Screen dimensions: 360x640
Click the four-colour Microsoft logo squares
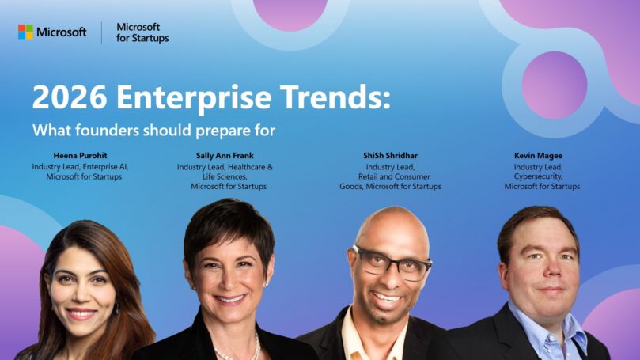click(26, 32)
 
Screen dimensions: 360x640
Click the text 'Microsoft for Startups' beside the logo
click(142, 32)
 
